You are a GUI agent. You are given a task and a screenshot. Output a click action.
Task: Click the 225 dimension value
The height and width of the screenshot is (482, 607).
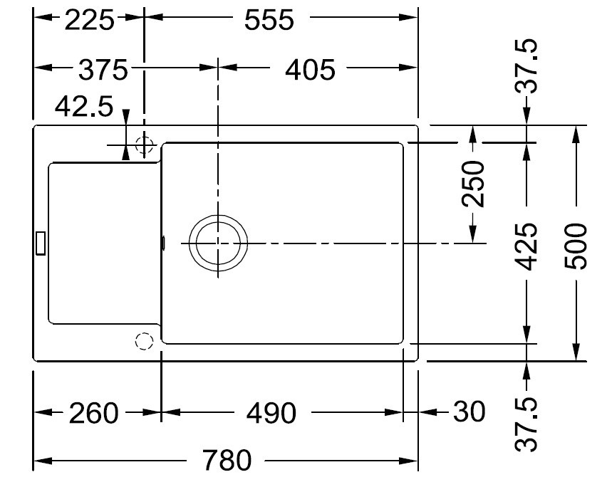click(x=89, y=21)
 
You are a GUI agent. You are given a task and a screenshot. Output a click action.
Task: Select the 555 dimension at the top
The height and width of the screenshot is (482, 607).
click(x=269, y=21)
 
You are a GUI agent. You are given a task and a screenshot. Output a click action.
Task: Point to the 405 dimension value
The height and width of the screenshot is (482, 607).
click(x=309, y=70)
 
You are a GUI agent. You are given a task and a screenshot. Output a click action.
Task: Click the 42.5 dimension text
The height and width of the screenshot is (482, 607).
click(x=84, y=107)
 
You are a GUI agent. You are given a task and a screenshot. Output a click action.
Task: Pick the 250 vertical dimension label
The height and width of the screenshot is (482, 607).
click(x=473, y=184)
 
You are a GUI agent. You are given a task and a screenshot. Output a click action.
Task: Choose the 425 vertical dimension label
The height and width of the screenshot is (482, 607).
click(x=526, y=246)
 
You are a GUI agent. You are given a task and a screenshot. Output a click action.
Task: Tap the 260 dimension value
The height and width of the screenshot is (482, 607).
click(x=93, y=413)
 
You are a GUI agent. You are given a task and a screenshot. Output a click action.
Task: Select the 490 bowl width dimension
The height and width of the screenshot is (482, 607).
click(x=271, y=413)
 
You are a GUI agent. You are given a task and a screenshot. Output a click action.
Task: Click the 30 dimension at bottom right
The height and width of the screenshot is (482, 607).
click(x=468, y=412)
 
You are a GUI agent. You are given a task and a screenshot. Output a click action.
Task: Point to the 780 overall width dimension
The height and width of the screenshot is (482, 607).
click(x=227, y=461)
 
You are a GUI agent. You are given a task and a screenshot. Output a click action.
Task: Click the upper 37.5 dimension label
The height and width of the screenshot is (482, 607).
click(x=526, y=67)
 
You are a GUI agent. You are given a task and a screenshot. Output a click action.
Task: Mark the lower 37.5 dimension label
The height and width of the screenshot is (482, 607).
click(x=526, y=425)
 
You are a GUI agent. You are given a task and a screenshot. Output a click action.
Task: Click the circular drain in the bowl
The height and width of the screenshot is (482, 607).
click(x=219, y=243)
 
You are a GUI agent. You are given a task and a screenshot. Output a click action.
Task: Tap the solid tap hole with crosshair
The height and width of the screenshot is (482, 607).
click(x=145, y=145)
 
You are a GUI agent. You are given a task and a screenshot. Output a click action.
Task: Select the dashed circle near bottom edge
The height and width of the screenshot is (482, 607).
click(x=144, y=342)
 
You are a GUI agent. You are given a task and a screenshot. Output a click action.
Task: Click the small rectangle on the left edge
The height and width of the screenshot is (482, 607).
click(x=41, y=243)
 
